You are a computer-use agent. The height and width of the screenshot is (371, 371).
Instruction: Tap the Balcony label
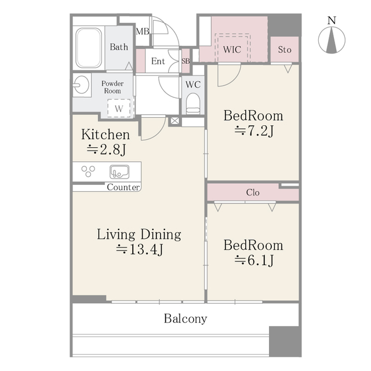185,318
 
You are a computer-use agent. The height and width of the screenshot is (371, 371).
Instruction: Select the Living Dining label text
139,235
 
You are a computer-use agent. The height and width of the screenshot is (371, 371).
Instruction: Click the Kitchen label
106,134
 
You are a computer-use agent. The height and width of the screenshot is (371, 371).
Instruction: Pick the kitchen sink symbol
120,172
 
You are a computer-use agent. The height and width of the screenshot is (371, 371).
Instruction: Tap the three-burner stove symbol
89,172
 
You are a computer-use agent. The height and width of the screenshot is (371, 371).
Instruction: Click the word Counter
123,187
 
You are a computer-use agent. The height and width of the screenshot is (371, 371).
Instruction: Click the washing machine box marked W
119,108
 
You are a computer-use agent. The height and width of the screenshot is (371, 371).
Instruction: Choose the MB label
142,31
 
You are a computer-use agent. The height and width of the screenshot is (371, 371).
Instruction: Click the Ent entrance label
158,61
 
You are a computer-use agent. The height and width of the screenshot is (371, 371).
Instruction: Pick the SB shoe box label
185,61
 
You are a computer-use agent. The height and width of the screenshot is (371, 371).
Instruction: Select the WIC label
232,50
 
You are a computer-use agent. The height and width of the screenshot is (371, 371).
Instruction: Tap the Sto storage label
284,50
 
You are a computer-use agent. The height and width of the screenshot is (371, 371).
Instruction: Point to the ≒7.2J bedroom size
254,131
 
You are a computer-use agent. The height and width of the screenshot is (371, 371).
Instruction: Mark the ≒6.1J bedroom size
254,261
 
